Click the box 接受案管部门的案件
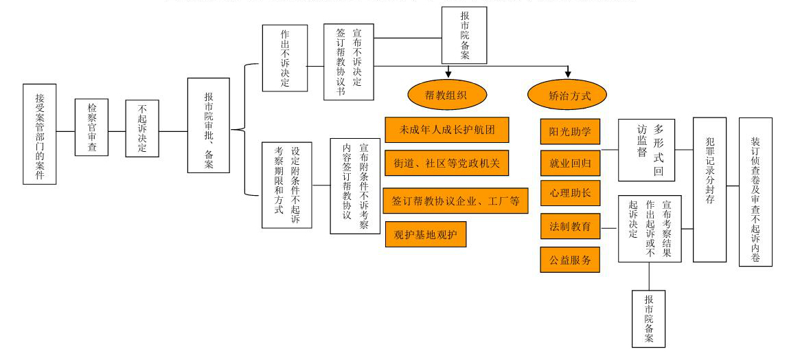pos(39,134)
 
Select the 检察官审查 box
pos(91,127)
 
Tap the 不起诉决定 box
pos(142,128)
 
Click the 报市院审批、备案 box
pos(209,125)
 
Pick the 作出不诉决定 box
pos(285,58)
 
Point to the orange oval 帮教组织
pos(447,95)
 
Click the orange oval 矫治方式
pos(567,95)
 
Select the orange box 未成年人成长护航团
pos(447,130)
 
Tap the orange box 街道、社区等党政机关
pos(447,163)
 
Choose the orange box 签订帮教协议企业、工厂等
pos(455,201)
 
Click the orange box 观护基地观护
pos(426,234)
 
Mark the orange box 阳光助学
pos(571,132)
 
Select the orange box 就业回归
pos(571,164)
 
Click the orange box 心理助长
pos(571,193)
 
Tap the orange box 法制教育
pos(571,226)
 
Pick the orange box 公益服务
pos(571,260)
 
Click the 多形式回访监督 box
pos(646,150)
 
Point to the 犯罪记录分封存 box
pos(709,190)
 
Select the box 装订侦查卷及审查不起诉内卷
pos(755,192)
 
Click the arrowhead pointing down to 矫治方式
pos(567,75)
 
